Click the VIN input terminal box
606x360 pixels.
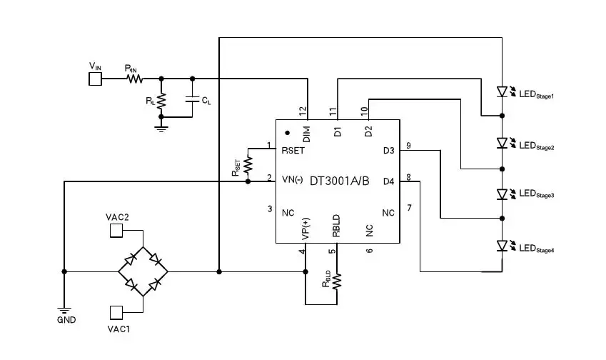[x=96, y=79]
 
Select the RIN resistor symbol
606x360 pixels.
[x=135, y=79]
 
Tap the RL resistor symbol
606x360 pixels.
[x=161, y=101]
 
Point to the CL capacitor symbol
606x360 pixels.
[x=191, y=99]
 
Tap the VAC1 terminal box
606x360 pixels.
[x=116, y=311]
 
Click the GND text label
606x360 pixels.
[x=66, y=320]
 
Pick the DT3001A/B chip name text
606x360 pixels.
[x=339, y=181]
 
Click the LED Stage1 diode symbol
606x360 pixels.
[x=503, y=92]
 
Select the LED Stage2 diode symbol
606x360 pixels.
[x=503, y=144]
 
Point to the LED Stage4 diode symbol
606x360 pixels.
[x=503, y=246]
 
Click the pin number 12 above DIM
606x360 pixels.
[x=303, y=111]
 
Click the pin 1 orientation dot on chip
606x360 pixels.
[x=287, y=132]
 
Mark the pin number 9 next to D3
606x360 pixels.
[x=408, y=146]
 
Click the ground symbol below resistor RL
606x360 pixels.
[x=161, y=126]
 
